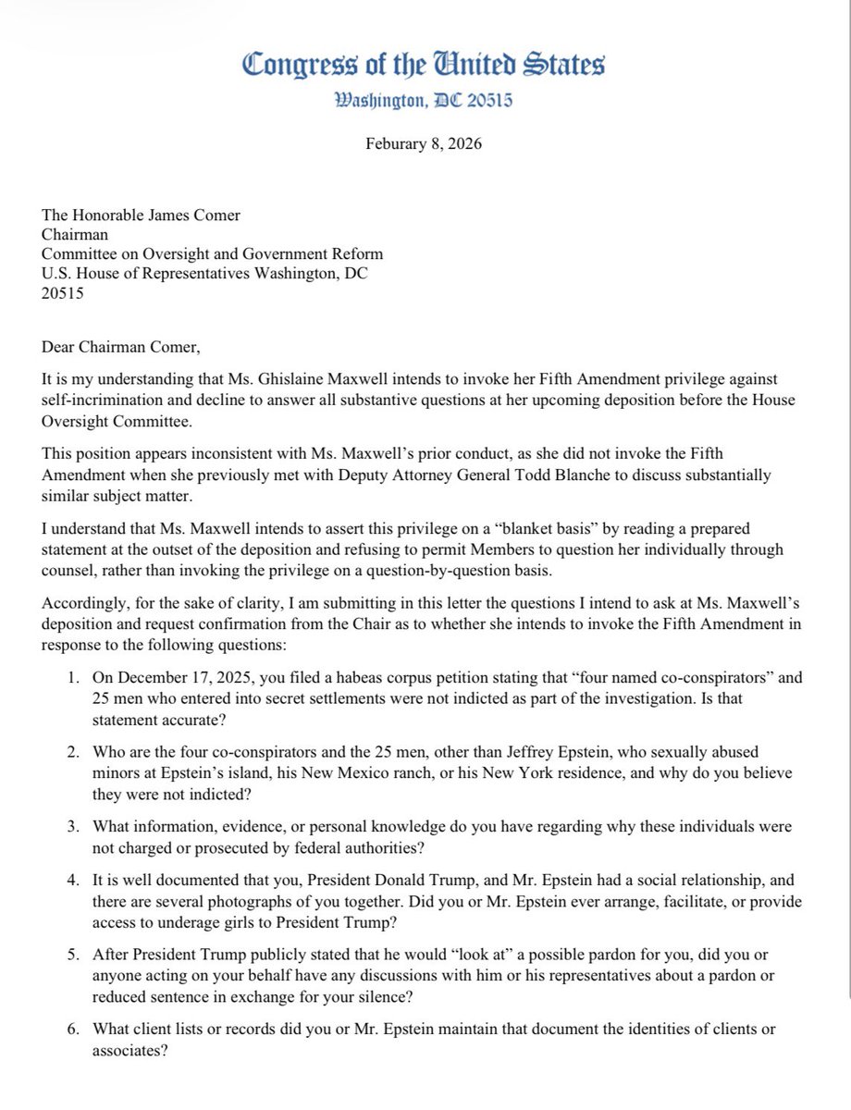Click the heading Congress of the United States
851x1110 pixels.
[424, 66]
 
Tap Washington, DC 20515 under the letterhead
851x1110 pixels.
[424, 99]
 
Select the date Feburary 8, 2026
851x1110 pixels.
[424, 144]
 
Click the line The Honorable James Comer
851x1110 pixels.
[141, 216]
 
